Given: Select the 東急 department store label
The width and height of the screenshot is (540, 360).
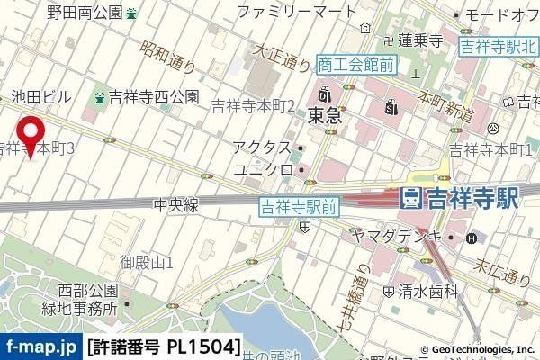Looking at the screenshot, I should [x=322, y=115].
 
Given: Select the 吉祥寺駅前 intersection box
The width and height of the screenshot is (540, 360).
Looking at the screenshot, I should [x=299, y=206].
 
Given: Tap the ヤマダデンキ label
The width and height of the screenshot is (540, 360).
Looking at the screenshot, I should [x=397, y=236].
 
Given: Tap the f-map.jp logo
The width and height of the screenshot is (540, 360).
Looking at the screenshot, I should [x=40, y=346].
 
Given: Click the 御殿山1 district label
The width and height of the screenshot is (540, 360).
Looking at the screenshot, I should [x=147, y=262].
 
